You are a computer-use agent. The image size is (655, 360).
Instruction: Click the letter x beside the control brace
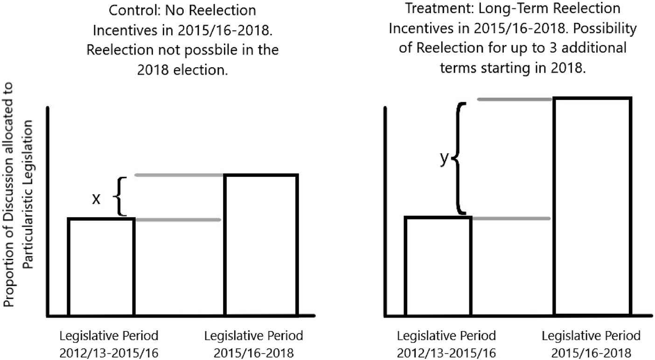click(96, 199)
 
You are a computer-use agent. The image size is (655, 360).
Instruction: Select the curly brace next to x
click(121, 196)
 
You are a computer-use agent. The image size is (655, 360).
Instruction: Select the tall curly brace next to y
click(460, 158)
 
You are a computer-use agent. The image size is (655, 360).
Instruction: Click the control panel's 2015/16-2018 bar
click(261, 245)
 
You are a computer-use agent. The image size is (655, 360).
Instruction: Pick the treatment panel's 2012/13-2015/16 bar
click(438, 266)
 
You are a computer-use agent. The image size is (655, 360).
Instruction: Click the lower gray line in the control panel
click(177, 219)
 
